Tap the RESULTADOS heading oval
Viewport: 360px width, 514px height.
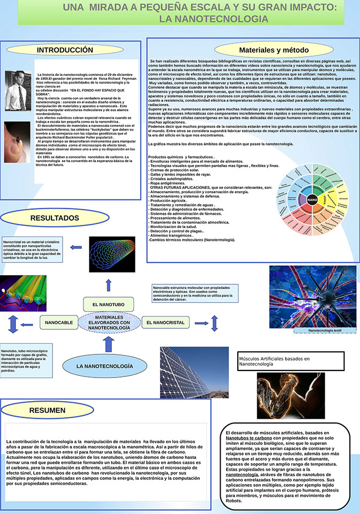point(54,218)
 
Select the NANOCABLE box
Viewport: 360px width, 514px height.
point(59,323)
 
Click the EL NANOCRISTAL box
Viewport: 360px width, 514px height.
point(165,323)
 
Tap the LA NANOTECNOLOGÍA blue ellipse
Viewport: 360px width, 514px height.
point(104,366)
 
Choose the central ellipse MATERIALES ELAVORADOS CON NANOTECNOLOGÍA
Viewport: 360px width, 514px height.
point(109,323)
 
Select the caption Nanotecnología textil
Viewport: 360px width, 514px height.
point(325,331)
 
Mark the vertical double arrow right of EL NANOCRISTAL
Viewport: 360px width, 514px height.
point(214,323)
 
